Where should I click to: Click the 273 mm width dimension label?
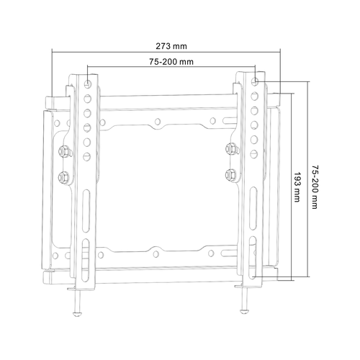tap(166, 45)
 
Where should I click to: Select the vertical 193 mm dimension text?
tap(297, 189)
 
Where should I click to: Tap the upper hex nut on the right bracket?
tap(230, 150)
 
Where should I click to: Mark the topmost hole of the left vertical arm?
tap(87, 84)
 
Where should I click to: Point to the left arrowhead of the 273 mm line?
tap(54, 51)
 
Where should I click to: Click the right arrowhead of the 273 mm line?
tap(278, 51)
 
